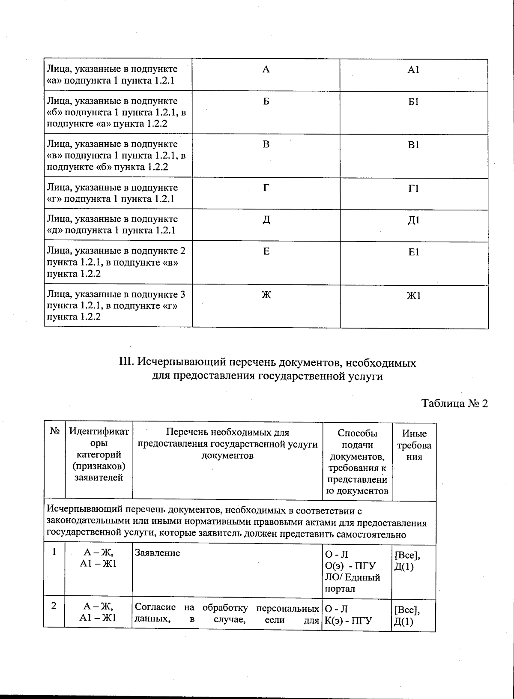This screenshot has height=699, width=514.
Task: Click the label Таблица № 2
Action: [454, 403]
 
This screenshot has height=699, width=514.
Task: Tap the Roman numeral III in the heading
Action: [127, 363]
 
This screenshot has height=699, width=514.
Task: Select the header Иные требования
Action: [414, 445]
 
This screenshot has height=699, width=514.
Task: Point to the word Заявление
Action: [158, 553]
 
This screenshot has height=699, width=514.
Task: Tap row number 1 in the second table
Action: [54, 552]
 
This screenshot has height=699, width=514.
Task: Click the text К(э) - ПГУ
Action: [349, 620]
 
